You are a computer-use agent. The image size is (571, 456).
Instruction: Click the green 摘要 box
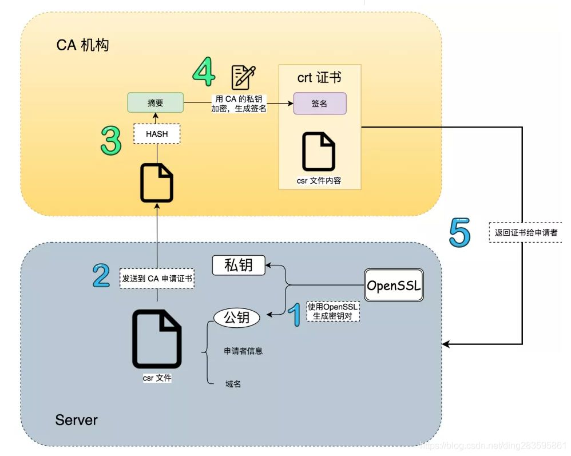tap(155, 103)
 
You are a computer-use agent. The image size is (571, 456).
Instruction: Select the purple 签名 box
tap(320, 104)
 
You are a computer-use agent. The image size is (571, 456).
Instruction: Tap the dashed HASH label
tap(157, 134)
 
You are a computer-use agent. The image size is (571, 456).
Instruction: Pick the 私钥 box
tap(239, 265)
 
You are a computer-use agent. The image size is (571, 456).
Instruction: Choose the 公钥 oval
tap(237, 318)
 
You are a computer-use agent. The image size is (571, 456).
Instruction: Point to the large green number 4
tap(204, 72)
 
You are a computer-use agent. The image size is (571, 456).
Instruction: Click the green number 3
tap(110, 141)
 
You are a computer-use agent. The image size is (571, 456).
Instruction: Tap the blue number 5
tap(459, 233)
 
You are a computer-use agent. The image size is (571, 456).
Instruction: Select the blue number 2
tap(101, 276)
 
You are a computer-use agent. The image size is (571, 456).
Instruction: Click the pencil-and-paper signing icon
tap(243, 77)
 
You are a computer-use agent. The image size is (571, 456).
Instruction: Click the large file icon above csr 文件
tap(157, 339)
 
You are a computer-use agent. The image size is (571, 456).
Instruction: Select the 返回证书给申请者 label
tap(525, 233)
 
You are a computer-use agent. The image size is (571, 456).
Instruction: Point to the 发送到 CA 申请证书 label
tap(157, 279)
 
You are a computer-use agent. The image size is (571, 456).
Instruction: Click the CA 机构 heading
tap(82, 45)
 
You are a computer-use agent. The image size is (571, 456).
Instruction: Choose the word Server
tap(76, 420)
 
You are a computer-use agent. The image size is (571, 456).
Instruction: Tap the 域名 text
tap(233, 384)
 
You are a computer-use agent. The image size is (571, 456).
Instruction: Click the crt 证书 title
tap(319, 77)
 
